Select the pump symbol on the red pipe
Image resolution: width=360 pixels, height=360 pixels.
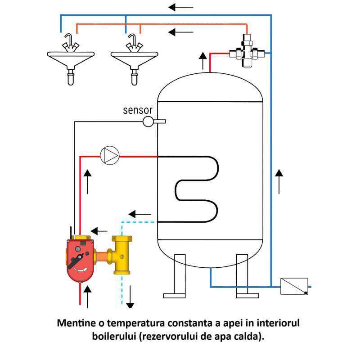(x=110, y=156)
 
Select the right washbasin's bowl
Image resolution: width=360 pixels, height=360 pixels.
(x=135, y=59)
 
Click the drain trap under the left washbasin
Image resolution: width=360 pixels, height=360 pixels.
(x=71, y=76)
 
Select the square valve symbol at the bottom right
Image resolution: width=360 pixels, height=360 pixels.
(x=294, y=286)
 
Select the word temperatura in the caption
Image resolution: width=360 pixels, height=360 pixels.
(x=133, y=324)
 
